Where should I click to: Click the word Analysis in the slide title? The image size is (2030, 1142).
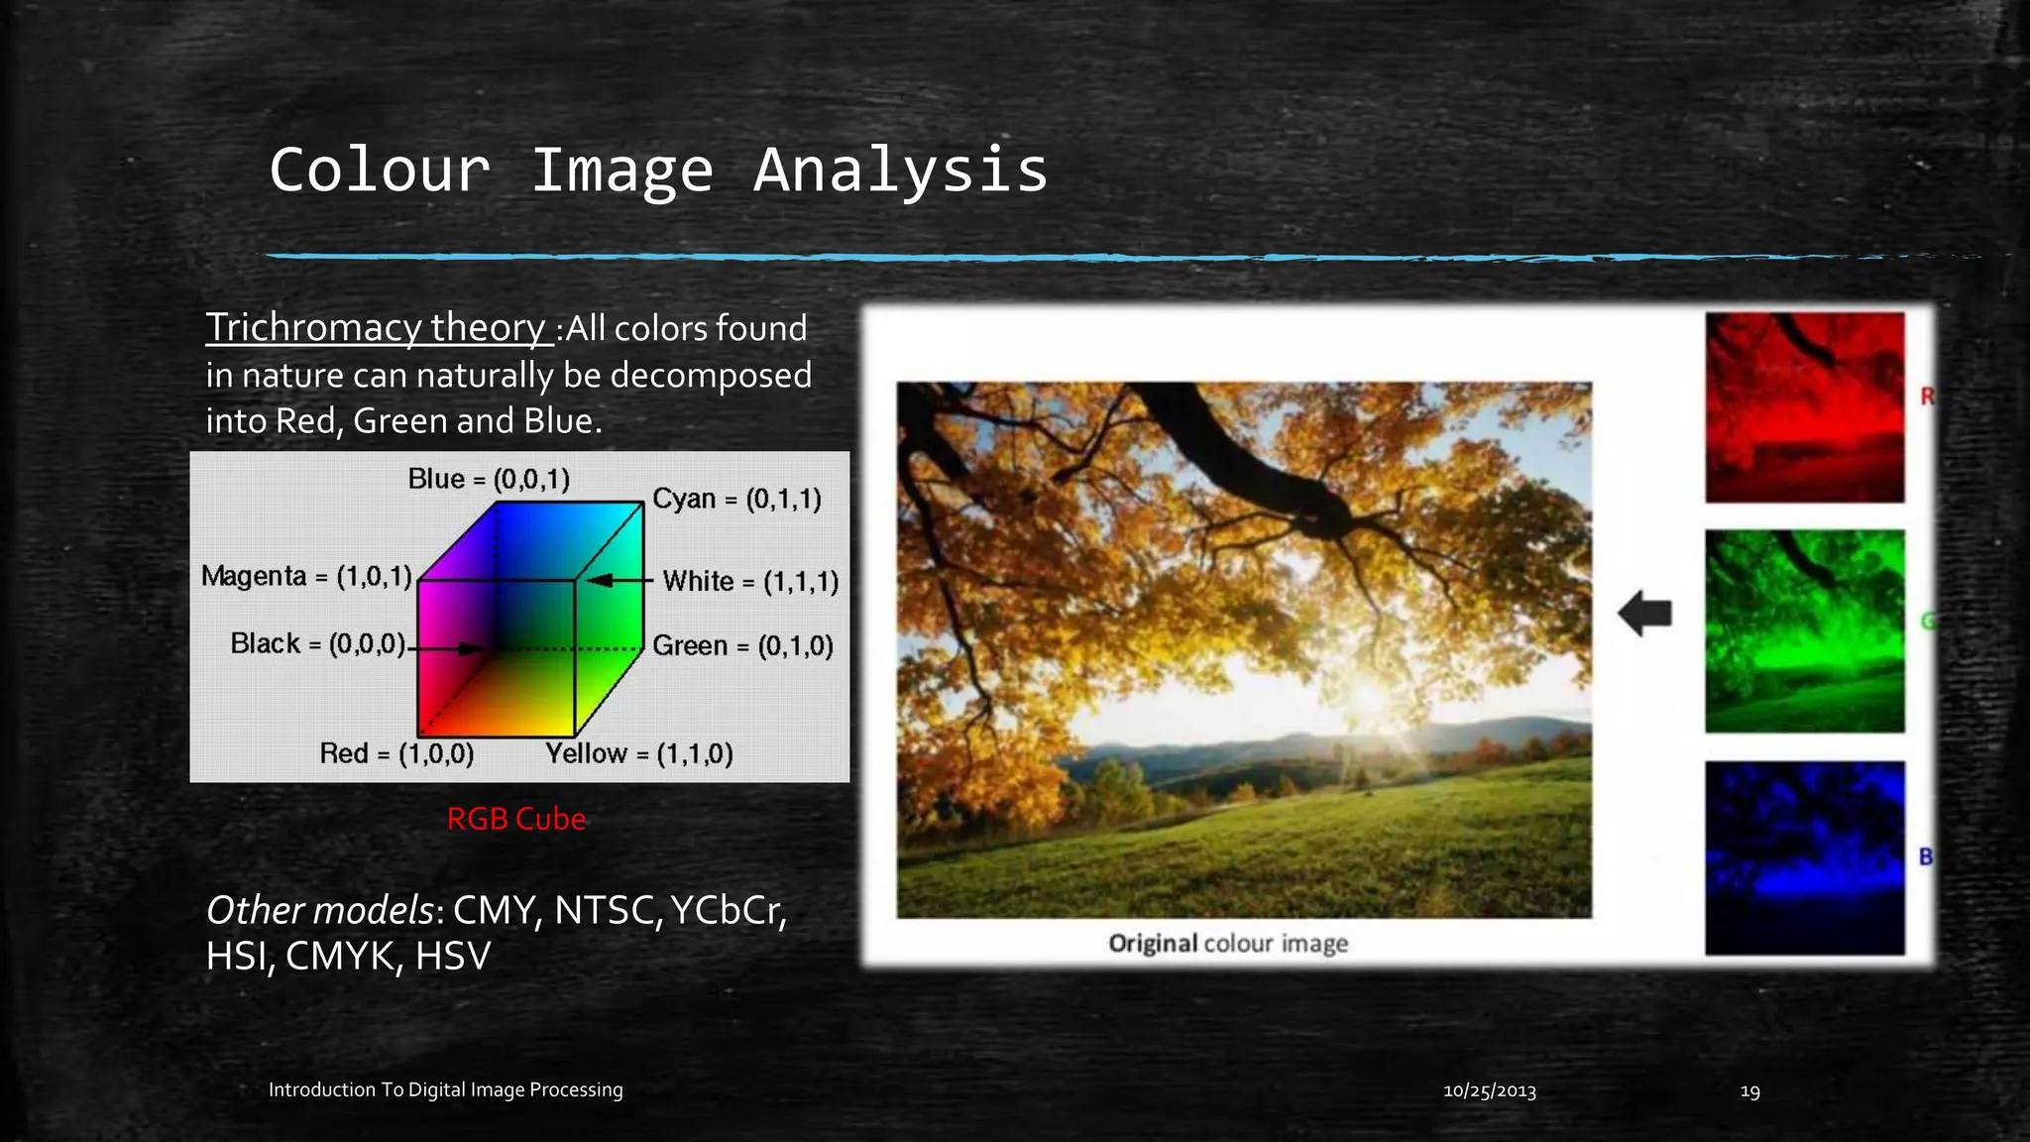pyautogui.click(x=900, y=171)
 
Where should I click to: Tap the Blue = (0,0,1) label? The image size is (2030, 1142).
pyautogui.click(x=489, y=480)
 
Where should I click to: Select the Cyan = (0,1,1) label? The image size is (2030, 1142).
pyautogui.click(x=736, y=499)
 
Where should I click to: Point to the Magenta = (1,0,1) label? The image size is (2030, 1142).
pyautogui.click(x=306, y=576)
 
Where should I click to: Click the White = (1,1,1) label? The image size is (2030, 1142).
pyautogui.click(x=750, y=581)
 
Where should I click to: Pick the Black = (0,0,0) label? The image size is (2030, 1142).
pyautogui.click(x=317, y=644)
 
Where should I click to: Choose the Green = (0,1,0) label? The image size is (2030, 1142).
pyautogui.click(x=742, y=646)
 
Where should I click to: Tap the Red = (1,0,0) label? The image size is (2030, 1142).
pyautogui.click(x=396, y=753)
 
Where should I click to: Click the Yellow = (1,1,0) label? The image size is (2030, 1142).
pyautogui.click(x=639, y=753)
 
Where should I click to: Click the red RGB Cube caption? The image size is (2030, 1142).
pyautogui.click(x=516, y=819)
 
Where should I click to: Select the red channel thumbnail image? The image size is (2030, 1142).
pyautogui.click(x=1804, y=407)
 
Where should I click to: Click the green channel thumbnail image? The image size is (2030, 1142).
pyautogui.click(x=1804, y=631)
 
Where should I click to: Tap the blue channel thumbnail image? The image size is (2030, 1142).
pyautogui.click(x=1804, y=857)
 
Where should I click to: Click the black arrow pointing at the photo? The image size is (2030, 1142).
pyautogui.click(x=1646, y=614)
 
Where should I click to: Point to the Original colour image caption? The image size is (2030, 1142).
pyautogui.click(x=1228, y=943)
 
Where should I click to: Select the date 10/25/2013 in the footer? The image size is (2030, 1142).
pyautogui.click(x=1489, y=1090)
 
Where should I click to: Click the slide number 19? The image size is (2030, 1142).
pyautogui.click(x=1749, y=1090)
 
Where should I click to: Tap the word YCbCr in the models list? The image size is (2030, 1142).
pyautogui.click(x=729, y=910)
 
